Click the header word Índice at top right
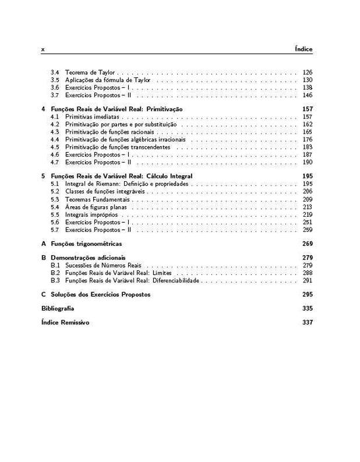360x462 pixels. [304, 49]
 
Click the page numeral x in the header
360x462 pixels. [43, 50]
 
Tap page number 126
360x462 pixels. [307, 72]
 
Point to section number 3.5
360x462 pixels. [55, 80]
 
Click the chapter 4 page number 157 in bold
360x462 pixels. [307, 108]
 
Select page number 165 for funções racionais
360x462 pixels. [307, 132]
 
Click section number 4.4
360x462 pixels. [55, 140]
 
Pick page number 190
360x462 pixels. [307, 162]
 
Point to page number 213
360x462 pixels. [307, 208]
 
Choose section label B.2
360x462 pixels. [55, 272]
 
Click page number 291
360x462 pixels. [307, 280]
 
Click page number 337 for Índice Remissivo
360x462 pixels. [307, 323]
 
